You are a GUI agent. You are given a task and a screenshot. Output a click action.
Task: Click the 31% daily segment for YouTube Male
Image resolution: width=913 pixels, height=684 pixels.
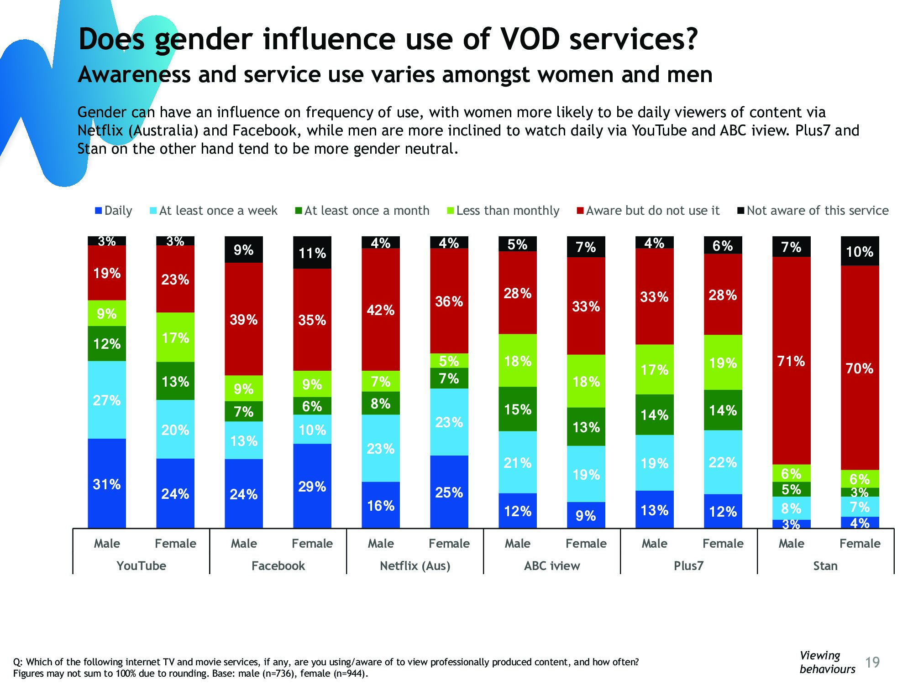pos(107,483)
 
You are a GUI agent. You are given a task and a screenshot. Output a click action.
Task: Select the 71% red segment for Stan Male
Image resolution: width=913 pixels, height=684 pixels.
pos(791,361)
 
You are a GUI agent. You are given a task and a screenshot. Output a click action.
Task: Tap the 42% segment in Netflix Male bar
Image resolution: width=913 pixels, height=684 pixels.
pos(380,310)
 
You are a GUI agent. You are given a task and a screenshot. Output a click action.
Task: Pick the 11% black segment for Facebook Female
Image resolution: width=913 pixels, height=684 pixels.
pos(312,253)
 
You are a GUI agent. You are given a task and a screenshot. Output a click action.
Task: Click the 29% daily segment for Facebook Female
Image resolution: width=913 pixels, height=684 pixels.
pos(312,486)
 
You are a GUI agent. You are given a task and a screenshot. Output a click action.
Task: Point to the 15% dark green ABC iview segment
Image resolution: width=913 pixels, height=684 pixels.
pos(517,409)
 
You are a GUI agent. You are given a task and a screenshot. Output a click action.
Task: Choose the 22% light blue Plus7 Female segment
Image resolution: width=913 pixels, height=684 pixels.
pos(723,462)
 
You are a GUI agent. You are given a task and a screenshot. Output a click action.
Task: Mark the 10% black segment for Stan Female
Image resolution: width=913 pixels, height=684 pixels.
pos(860,251)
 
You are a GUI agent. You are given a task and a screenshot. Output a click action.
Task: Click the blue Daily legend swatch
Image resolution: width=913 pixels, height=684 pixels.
pos(98,211)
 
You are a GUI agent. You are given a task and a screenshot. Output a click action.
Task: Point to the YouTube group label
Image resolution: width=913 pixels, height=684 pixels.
pos(141,566)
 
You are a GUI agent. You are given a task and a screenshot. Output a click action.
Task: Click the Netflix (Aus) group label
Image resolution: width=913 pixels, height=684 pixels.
pos(415,566)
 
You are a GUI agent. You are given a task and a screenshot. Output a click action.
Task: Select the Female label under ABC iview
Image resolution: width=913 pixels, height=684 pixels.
pos(586,544)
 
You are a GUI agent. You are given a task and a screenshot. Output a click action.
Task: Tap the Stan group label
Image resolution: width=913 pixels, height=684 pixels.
pos(825,566)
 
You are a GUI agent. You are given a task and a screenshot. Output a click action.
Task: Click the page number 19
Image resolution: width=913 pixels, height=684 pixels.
pos(872,662)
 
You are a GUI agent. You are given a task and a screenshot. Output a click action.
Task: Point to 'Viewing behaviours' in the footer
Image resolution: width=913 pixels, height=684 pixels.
pos(827,662)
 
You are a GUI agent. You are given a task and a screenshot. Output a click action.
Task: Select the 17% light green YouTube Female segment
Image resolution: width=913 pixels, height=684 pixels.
pos(175,337)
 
